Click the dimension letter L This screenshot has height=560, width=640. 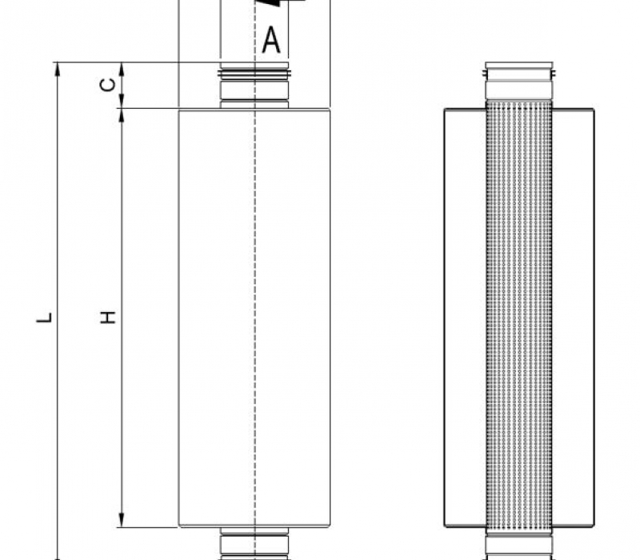44,318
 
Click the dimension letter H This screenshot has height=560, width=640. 108,317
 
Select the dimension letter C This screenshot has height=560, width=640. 108,85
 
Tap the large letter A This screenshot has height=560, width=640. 271,40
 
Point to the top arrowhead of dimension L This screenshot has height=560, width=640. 57,70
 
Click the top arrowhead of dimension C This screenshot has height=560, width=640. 122,70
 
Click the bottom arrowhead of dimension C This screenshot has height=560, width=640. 122,101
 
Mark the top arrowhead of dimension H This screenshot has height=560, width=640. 122,116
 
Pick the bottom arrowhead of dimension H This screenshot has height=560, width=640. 122,519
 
